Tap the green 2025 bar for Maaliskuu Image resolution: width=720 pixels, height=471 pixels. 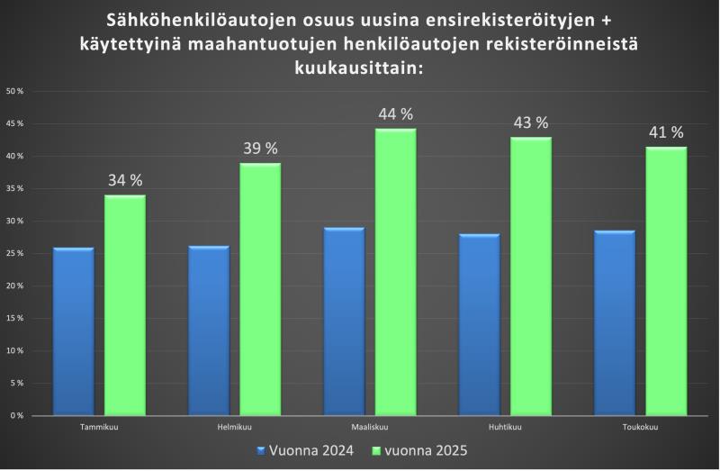[x=395, y=272]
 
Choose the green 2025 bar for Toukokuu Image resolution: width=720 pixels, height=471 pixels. [x=667, y=280]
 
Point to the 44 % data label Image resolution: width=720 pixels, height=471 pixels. [x=396, y=114]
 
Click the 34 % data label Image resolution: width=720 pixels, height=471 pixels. [x=125, y=180]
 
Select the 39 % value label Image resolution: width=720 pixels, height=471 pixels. [x=260, y=149]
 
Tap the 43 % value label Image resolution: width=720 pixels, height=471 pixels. [x=531, y=122]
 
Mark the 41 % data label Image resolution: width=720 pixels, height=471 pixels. [x=667, y=132]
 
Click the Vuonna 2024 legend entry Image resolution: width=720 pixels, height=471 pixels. [x=305, y=449]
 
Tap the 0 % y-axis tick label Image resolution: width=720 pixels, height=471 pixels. [x=17, y=415]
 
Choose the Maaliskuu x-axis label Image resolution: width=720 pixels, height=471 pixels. [x=370, y=427]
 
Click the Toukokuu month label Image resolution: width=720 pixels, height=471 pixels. [x=641, y=427]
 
